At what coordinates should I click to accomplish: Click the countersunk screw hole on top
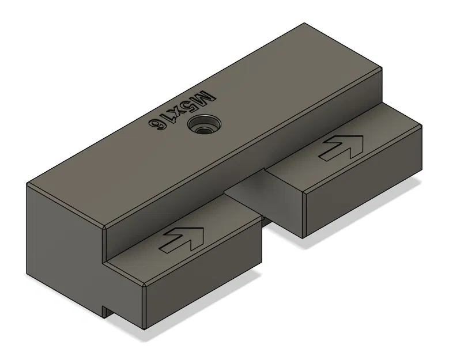pyautogui.click(x=202, y=124)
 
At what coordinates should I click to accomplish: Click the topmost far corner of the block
pyautogui.click(x=304, y=24)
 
